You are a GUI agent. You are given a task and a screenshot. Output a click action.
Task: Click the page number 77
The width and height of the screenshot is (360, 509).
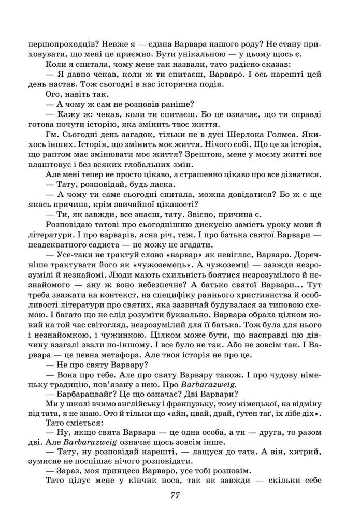coord(175,496)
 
